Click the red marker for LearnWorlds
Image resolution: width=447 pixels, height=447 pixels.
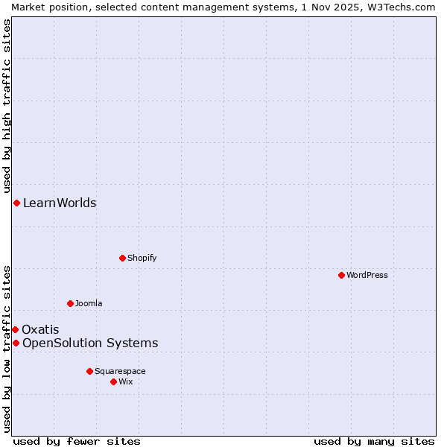(16, 203)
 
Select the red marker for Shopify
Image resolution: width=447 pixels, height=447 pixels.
(122, 258)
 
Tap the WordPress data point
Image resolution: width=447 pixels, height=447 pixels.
(341, 275)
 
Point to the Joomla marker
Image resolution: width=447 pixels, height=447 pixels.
(70, 303)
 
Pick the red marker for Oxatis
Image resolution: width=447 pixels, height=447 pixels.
(15, 329)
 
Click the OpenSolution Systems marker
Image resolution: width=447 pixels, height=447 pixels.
(16, 343)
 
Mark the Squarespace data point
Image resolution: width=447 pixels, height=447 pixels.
(89, 371)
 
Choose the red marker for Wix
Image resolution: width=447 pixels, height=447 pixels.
(113, 381)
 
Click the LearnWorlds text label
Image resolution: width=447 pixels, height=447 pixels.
(60, 203)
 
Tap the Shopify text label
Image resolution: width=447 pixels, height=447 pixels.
(142, 258)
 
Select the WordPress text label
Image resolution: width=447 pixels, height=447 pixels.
(367, 275)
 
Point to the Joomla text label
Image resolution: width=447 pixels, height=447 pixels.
(89, 303)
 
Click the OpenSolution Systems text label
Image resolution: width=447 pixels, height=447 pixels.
(90, 343)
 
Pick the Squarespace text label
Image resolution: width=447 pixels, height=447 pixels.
(120, 371)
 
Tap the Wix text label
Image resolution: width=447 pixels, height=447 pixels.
(126, 381)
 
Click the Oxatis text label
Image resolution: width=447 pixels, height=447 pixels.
(40, 329)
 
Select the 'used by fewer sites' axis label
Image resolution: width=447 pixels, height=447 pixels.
(77, 441)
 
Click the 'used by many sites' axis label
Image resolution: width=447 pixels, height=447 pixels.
(374, 441)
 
